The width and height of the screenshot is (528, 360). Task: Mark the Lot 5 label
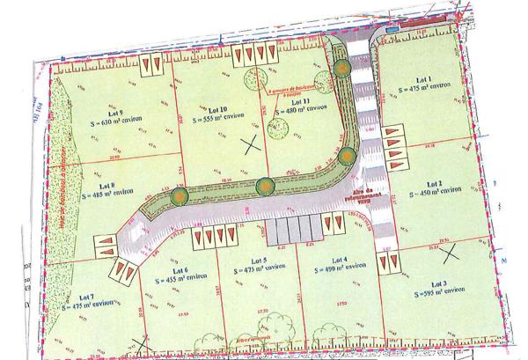(258, 261)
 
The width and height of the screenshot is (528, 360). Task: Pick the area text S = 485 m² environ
(108, 195)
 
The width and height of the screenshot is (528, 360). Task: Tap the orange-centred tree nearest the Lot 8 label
(179, 195)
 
